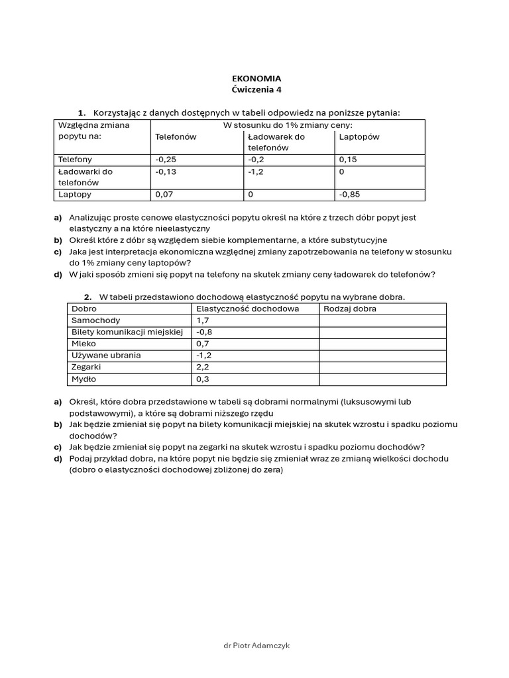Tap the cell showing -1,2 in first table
click(x=256, y=171)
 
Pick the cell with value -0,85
click(x=351, y=195)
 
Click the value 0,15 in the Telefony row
click(x=348, y=160)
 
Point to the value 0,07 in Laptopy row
click(x=164, y=195)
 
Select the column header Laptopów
click(x=359, y=137)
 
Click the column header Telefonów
click(x=176, y=137)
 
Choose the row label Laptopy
click(x=75, y=195)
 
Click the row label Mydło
click(x=84, y=379)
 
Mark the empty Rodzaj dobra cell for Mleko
click(x=382, y=344)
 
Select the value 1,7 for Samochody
click(x=203, y=320)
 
